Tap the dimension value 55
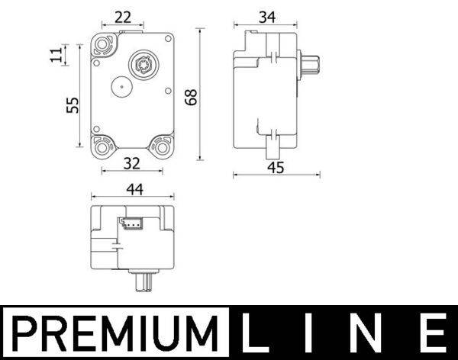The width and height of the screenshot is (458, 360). coord(72,104)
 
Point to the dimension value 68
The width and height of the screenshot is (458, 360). coord(191,96)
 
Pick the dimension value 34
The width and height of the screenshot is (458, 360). coord(266,17)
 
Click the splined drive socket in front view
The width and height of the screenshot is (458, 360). coord(143,63)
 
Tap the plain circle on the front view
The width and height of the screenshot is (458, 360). coord(120,88)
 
